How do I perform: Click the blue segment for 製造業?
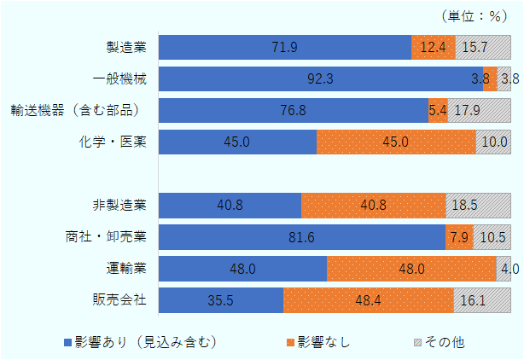(x=284, y=48)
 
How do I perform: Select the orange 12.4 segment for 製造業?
(x=433, y=48)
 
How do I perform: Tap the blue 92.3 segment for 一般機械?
(x=320, y=79)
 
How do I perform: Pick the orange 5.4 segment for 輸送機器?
(x=437, y=111)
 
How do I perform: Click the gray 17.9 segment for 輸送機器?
(x=479, y=111)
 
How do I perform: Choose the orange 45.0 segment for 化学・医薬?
(x=396, y=142)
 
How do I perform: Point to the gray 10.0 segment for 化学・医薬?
(x=493, y=142)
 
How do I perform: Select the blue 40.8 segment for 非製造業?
(x=230, y=206)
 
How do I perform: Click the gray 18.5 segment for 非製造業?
(x=478, y=206)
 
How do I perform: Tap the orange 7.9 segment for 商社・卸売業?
(x=458, y=237)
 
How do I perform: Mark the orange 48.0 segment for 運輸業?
(x=411, y=269)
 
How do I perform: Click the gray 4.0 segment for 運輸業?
(x=504, y=269)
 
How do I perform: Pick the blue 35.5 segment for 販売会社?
(x=220, y=300)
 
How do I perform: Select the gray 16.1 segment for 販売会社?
(x=482, y=300)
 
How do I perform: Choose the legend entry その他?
(x=439, y=342)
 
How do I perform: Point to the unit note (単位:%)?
(x=475, y=15)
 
